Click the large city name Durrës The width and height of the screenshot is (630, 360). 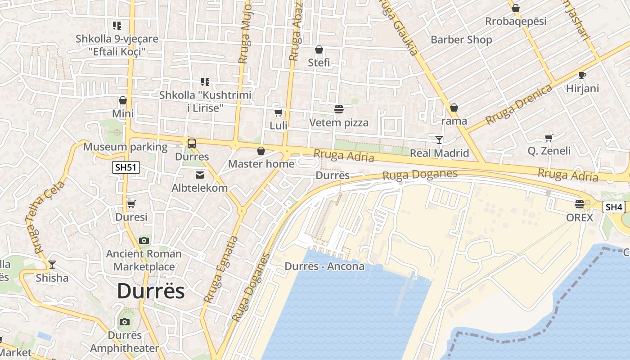tap(151, 292)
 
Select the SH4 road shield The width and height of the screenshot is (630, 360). tap(614, 207)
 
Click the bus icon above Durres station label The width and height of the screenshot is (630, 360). tap(192, 144)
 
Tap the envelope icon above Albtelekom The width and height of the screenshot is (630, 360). tap(199, 175)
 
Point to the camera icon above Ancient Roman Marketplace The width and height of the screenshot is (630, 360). tap(144, 240)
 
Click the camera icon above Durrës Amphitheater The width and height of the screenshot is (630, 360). tap(125, 322)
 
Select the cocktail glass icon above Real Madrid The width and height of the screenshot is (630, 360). tap(439, 140)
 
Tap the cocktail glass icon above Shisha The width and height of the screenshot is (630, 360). tap(52, 264)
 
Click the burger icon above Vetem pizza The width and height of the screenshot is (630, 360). tap(338, 109)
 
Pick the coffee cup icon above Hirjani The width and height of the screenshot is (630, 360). tap(582, 75)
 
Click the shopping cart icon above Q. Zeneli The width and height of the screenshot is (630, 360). tap(549, 138)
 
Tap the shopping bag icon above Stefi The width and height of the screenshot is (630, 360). tap(319, 49)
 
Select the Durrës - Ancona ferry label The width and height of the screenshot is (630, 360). tap(324, 266)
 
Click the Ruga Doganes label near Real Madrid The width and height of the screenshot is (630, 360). tap(420, 175)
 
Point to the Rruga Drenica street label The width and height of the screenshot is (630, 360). tap(518, 104)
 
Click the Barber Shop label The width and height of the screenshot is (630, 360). tap(461, 40)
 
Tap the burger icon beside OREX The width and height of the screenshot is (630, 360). tap(580, 204)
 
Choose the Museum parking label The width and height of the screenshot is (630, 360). tap(125, 147)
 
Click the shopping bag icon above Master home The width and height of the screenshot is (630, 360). tap(261, 151)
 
